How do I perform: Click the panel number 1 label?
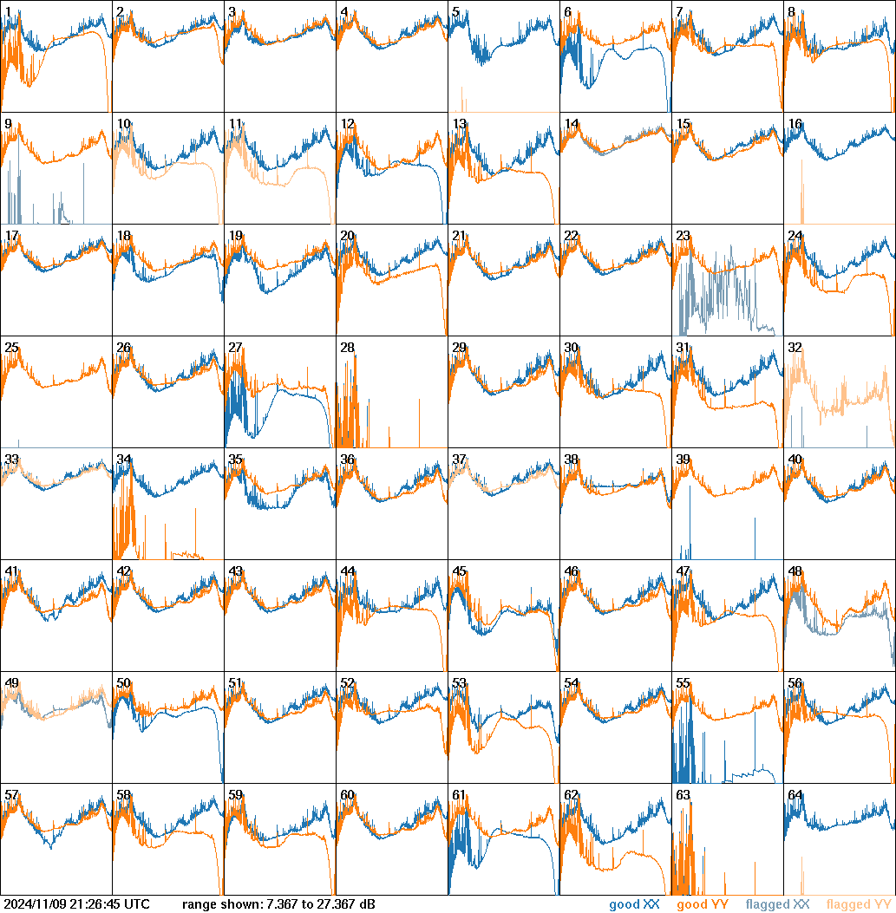8,12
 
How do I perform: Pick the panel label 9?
8,124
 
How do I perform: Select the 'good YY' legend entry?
702,904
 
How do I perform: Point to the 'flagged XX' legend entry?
777,904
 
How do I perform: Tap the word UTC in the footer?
136,904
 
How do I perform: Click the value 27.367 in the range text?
333,904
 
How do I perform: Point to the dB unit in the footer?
367,904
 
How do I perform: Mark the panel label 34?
123,460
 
